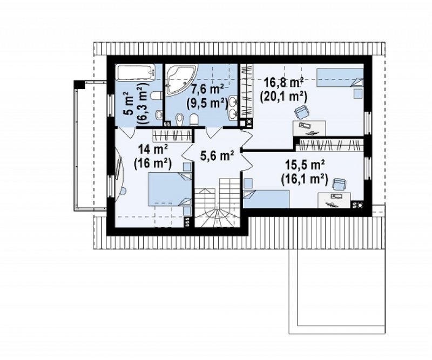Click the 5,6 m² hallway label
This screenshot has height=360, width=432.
click(218, 156)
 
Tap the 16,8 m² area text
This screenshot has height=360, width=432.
click(283, 82)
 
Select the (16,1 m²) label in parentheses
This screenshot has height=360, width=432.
click(305, 179)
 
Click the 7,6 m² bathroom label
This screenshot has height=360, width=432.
click(207, 89)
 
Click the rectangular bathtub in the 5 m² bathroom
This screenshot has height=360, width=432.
click(136, 72)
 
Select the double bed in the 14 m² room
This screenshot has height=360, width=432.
click(170, 189)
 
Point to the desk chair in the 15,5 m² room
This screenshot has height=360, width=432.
click(339, 184)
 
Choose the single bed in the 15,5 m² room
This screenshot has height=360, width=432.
click(266, 199)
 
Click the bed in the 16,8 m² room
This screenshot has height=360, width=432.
click(340, 78)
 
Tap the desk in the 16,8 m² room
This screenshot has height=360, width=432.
click(309, 128)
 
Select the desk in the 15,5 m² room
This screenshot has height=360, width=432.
click(334, 200)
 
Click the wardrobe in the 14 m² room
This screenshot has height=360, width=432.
click(172, 135)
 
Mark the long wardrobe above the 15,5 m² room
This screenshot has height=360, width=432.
click(329, 145)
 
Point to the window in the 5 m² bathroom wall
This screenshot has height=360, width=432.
click(111, 106)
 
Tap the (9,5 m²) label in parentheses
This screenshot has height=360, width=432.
click(207, 103)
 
